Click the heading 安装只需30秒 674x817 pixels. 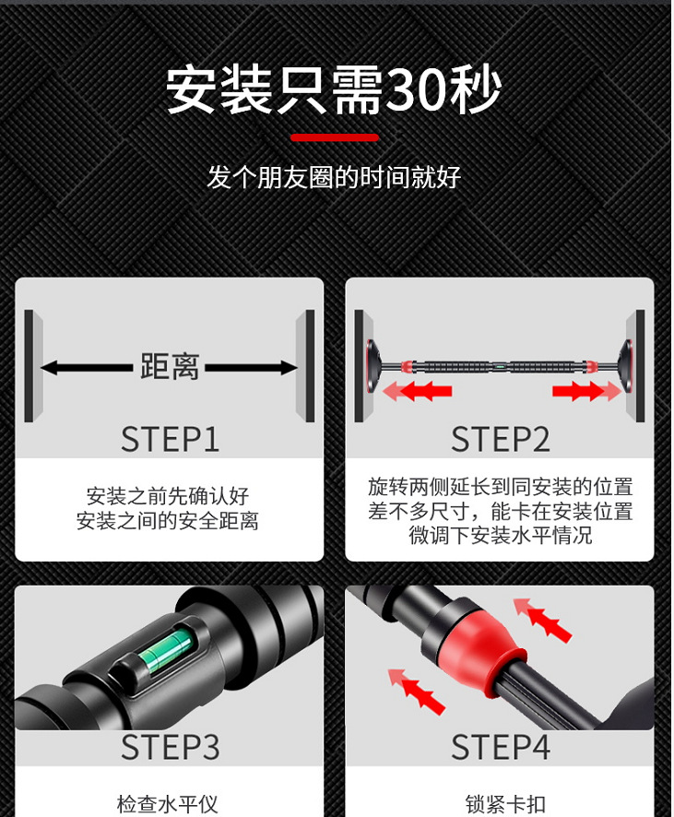[334, 90]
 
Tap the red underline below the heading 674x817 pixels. [334, 138]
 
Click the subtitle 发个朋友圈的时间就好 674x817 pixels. [334, 177]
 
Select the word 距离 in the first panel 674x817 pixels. [170, 367]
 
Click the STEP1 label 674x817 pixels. [170, 439]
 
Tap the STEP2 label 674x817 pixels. [500, 439]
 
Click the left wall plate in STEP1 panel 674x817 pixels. [30, 366]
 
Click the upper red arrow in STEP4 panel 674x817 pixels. [544, 619]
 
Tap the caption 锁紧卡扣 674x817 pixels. [499, 803]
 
